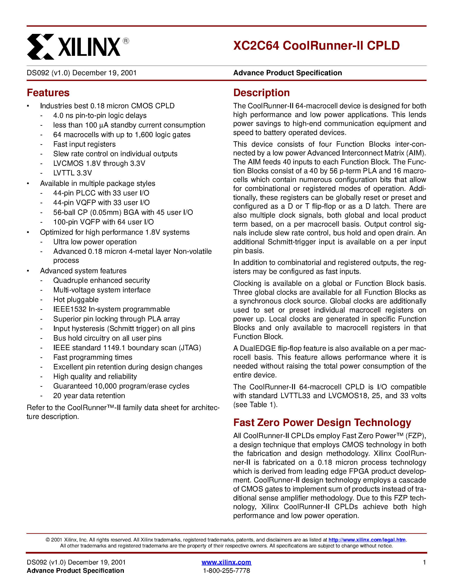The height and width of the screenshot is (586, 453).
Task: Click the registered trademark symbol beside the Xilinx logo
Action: pyautogui.click(x=126, y=41)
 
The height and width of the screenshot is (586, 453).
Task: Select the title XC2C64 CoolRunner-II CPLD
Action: pyautogui.click(x=316, y=45)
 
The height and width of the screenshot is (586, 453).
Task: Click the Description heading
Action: pyautogui.click(x=261, y=93)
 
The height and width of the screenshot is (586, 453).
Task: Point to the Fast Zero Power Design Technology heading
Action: pyautogui.click(x=322, y=423)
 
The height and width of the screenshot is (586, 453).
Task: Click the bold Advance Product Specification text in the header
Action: pyautogui.click(x=287, y=73)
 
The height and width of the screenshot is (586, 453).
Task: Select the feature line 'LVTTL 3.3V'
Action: pyautogui.click(x=72, y=173)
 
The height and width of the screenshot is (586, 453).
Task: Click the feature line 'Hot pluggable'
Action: pyautogui.click(x=76, y=300)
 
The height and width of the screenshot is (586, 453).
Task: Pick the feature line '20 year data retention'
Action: pyautogui.click(x=89, y=396)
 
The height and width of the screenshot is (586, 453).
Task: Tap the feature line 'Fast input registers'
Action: pyautogui.click(x=84, y=144)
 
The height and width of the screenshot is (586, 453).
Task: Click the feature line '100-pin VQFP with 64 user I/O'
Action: pyautogui.click(x=103, y=222)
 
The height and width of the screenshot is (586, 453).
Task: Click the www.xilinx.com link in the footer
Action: pyautogui.click(x=226, y=562)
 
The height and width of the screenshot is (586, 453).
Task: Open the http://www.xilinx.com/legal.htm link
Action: pyautogui.click(x=367, y=540)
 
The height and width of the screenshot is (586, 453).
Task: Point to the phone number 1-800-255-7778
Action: pyautogui.click(x=226, y=571)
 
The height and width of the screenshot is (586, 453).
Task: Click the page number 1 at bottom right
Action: pyautogui.click(x=424, y=562)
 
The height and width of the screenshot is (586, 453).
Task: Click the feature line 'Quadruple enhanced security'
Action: pyautogui.click(x=101, y=281)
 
